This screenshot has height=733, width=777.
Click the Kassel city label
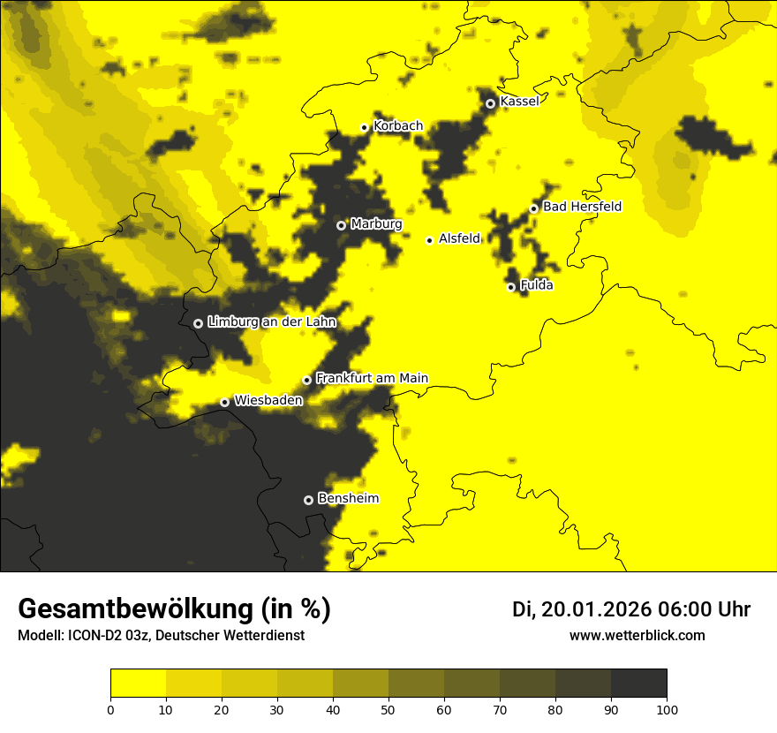519,102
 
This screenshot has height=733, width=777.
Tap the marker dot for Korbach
364,127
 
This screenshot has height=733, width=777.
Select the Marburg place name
376,224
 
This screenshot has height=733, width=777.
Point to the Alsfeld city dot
429,240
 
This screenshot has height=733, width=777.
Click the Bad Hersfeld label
582,207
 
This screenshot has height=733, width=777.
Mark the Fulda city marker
510,287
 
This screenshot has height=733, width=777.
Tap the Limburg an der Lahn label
272,322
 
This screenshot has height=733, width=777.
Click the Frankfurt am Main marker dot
307,380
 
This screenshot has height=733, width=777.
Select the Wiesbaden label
268,400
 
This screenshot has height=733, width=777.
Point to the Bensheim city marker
308,500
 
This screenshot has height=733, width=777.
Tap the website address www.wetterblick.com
637,635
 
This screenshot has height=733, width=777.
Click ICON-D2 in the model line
95,635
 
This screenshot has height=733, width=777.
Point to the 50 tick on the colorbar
388,709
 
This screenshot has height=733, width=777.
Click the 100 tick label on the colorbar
667,709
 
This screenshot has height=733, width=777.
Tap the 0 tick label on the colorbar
110,709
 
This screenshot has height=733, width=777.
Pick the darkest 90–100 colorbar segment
638,683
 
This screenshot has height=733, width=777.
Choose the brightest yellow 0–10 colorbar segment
138,683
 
